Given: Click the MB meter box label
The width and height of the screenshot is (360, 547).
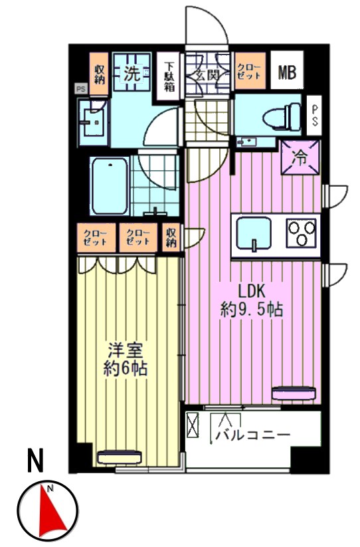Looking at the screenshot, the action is click(x=287, y=72).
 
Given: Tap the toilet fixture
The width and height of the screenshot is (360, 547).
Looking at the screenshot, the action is click(x=282, y=116).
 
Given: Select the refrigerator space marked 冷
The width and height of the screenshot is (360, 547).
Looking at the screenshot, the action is click(x=300, y=158).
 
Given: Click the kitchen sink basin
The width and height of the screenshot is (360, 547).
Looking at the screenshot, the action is click(x=253, y=233).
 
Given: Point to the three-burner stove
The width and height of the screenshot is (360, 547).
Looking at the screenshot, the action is click(x=301, y=233).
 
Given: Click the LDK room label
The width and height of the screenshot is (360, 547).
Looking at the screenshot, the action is click(x=252, y=290).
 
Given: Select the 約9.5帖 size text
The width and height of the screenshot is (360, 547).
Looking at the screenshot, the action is click(x=251, y=309).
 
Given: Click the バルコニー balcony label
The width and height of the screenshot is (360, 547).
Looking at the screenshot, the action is click(x=253, y=435).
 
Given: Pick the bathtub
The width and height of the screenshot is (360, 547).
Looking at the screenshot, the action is click(x=110, y=185).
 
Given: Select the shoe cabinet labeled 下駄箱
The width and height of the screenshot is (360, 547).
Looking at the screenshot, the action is click(x=169, y=76).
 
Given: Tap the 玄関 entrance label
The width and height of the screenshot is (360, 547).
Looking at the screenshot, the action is click(x=207, y=75).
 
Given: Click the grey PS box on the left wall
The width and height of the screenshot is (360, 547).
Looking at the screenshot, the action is click(x=81, y=89).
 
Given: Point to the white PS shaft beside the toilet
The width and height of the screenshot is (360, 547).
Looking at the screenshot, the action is click(x=315, y=116).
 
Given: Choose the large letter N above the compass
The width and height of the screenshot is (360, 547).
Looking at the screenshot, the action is click(x=35, y=461).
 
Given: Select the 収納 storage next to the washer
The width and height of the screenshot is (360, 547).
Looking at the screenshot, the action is click(x=100, y=74).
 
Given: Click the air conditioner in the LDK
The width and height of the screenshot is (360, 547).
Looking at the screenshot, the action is click(x=294, y=393).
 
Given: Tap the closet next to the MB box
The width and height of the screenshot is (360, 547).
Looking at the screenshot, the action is click(x=250, y=71).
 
